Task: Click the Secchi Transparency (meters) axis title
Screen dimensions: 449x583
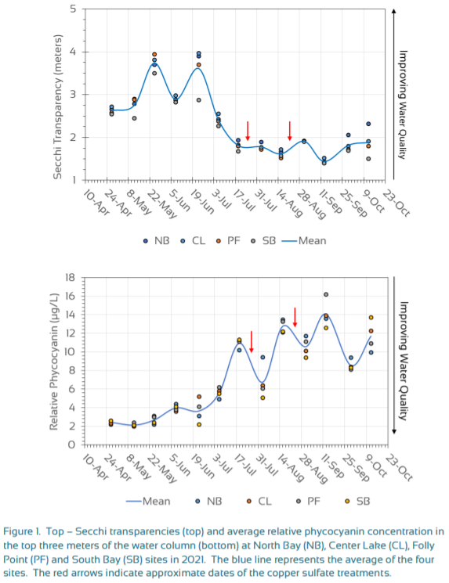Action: pyautogui.click(x=58, y=107)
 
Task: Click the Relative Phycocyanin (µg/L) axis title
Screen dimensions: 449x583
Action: pyautogui.click(x=54, y=362)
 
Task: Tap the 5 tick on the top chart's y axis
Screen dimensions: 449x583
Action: pyautogui.click(x=73, y=9)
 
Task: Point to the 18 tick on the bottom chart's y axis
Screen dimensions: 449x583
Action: pyautogui.click(x=70, y=277)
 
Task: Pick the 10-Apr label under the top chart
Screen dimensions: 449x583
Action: pyautogui.click(x=96, y=203)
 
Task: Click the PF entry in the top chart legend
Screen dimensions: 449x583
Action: pyautogui.click(x=229, y=241)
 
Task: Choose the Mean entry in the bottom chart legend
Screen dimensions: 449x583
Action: pyautogui.click(x=148, y=501)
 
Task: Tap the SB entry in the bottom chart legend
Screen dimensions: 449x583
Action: pyautogui.click(x=357, y=501)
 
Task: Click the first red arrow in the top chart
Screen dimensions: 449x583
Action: pyautogui.click(x=248, y=131)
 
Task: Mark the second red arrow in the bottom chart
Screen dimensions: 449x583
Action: pyautogui.click(x=295, y=317)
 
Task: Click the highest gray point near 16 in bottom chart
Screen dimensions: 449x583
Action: pyautogui.click(x=326, y=294)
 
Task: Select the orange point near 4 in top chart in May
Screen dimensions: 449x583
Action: pyautogui.click(x=154, y=55)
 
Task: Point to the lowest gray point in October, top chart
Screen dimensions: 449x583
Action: pyautogui.click(x=368, y=159)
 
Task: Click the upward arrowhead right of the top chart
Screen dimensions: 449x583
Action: pyautogui.click(x=393, y=11)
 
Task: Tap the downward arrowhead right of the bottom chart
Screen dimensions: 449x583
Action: pyautogui.click(x=394, y=431)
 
